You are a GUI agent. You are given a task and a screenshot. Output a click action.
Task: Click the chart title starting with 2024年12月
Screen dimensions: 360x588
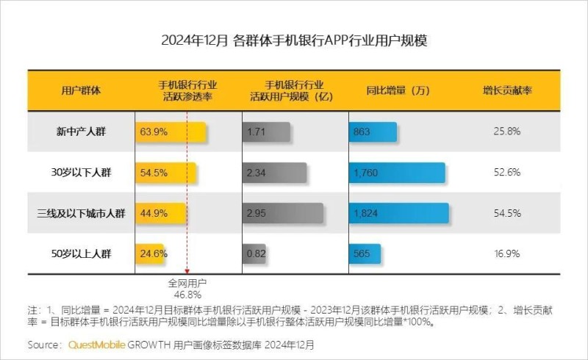tap(294, 40)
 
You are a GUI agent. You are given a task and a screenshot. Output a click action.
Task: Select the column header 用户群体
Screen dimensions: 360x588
tap(81, 90)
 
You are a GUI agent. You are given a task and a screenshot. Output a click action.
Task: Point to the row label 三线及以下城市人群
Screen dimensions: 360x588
tap(81, 214)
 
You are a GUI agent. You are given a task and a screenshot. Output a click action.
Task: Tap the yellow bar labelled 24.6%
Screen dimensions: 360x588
tap(150, 254)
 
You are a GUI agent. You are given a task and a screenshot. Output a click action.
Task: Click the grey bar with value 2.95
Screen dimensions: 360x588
tap(282, 214)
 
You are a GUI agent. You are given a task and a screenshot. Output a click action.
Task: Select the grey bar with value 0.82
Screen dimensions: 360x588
tap(254, 254)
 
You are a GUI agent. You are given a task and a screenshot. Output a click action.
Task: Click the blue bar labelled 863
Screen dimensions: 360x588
tap(373, 132)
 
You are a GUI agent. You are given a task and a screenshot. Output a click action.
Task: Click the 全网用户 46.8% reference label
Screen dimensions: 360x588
tap(187, 288)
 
